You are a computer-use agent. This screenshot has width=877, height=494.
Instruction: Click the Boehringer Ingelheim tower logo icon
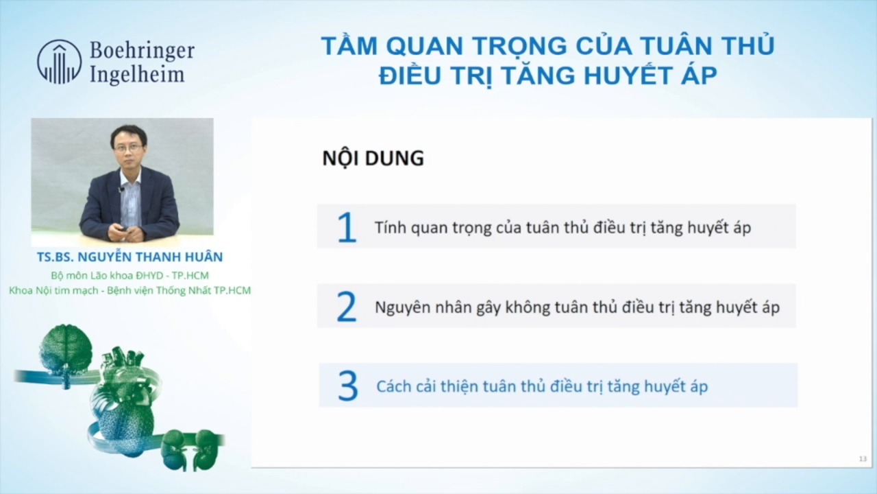(x=59, y=62)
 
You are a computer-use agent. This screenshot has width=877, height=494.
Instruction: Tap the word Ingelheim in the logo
(x=137, y=73)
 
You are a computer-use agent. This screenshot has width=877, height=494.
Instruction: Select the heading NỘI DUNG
(x=373, y=158)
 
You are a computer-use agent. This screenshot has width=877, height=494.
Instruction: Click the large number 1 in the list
(x=347, y=228)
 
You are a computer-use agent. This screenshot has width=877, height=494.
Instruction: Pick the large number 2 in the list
(x=347, y=307)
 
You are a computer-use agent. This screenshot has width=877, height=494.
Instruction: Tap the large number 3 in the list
(x=347, y=387)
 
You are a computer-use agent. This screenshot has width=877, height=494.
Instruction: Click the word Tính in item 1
(x=389, y=227)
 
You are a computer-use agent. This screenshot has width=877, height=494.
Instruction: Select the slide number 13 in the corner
(x=863, y=459)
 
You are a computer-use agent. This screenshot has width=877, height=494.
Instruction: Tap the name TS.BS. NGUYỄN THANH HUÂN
(x=129, y=257)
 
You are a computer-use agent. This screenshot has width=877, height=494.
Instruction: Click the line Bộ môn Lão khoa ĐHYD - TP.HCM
(x=129, y=276)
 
